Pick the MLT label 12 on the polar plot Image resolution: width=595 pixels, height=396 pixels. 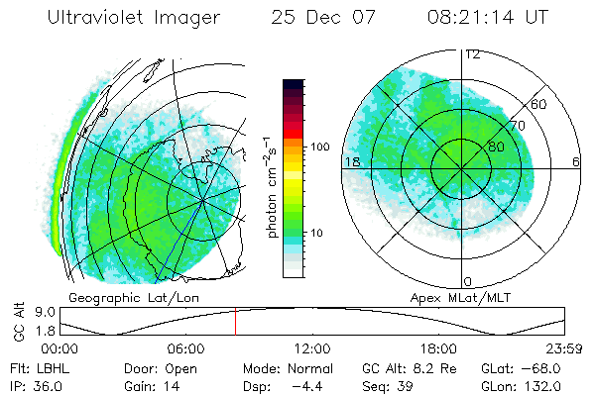(473, 54)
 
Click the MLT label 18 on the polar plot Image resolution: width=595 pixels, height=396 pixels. (351, 161)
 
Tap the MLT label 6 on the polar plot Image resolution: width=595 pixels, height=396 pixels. (575, 161)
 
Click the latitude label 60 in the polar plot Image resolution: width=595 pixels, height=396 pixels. (540, 104)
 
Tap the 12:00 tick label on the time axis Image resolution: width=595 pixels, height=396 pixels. (312, 348)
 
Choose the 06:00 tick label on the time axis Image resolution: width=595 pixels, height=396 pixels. (185, 348)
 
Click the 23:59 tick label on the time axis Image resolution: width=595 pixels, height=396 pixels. (564, 348)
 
